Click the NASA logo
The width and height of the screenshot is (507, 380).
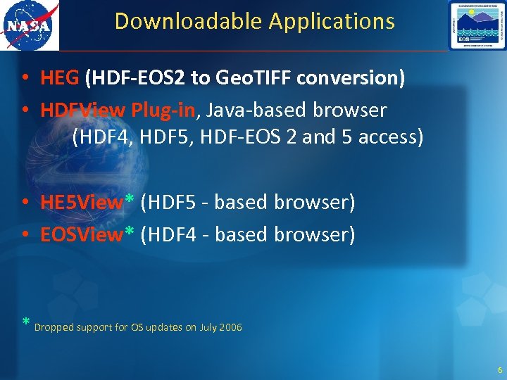pyautogui.click(x=29, y=25)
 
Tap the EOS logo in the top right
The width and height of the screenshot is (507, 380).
pyautogui.click(x=477, y=25)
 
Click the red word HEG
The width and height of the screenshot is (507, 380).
pyautogui.click(x=60, y=78)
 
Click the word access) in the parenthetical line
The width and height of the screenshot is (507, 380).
pyautogui.click(x=391, y=137)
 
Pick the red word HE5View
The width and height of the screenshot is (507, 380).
pyautogui.click(x=82, y=203)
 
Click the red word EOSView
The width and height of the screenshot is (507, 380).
pyautogui.click(x=82, y=234)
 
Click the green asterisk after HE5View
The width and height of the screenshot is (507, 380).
pyautogui.click(x=130, y=201)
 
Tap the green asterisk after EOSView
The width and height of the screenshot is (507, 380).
pyautogui.click(x=130, y=232)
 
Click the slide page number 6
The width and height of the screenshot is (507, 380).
pyautogui.click(x=499, y=370)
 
